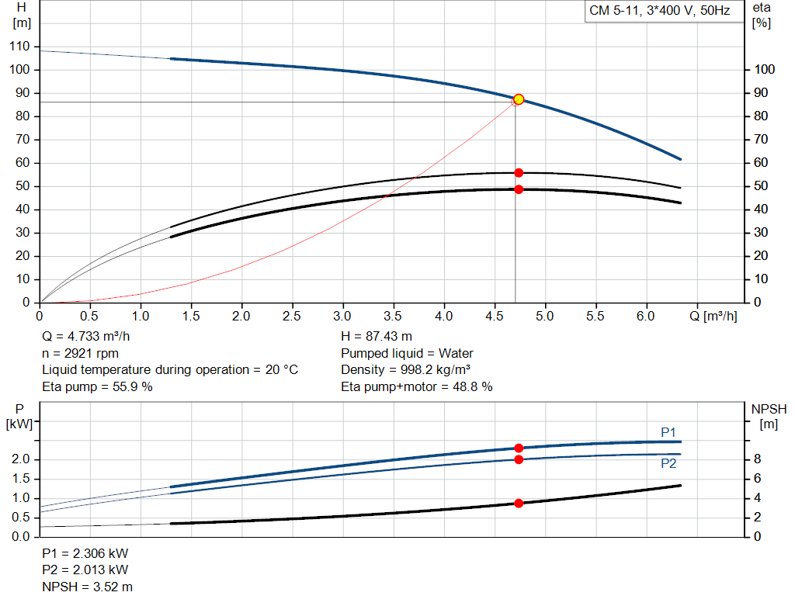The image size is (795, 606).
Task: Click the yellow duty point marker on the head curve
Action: point(519,99)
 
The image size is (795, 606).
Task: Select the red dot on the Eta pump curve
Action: point(519,172)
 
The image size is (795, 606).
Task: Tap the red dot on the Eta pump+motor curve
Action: point(519,189)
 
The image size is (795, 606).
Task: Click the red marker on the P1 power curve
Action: point(519,448)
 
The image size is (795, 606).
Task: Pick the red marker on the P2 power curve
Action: point(519,459)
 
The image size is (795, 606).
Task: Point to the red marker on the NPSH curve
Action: point(519,504)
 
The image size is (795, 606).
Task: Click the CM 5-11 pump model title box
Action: point(660,12)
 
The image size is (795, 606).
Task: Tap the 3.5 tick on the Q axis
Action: point(394,317)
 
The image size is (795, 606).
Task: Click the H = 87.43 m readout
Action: point(377,337)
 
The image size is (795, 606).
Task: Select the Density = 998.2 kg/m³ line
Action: point(407,369)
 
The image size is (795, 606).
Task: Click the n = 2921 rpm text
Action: point(80,353)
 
